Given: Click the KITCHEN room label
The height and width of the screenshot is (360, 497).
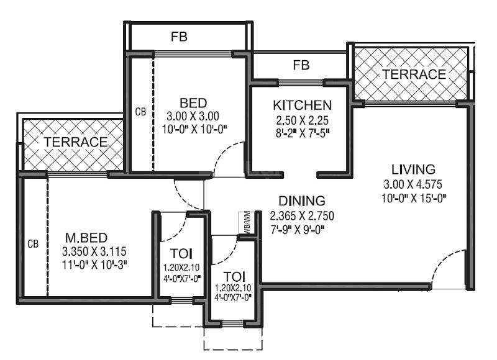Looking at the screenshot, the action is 302,105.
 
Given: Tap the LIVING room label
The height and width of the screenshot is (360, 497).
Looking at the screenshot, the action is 413,169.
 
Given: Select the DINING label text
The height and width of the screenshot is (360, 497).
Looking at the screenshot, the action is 302,200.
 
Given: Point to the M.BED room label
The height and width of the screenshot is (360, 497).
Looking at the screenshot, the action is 86,238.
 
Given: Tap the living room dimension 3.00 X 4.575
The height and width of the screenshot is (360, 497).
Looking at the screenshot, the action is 413,184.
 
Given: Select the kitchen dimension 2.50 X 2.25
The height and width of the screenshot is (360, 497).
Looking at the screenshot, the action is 302,120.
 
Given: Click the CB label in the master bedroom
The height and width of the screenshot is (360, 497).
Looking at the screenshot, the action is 33,244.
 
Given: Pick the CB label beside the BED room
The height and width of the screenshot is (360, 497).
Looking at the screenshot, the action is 141,112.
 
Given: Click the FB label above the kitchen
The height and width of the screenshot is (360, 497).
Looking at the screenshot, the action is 301,65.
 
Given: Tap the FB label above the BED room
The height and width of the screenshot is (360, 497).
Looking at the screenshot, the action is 179,37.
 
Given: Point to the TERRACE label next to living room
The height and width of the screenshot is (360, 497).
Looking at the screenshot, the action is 414,74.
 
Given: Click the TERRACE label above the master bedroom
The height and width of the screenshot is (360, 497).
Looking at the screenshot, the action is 75,142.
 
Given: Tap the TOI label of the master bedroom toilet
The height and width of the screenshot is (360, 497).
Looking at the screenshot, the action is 181,254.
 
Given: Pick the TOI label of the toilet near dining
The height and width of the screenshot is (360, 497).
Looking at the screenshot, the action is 234,277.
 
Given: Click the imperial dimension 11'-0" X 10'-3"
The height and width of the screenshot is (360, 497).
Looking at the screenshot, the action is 94,264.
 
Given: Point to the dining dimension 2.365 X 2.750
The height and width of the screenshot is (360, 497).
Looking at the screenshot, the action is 302,215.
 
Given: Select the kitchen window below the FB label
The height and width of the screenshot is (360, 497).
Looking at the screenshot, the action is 301,83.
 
